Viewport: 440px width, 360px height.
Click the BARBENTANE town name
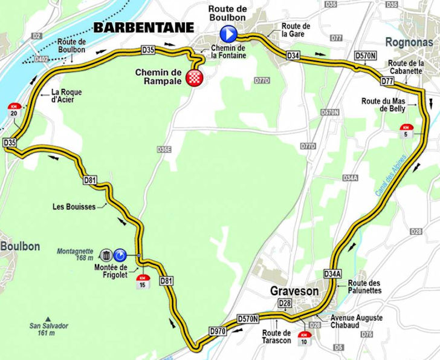click(143, 27)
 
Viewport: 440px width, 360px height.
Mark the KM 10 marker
click(303, 336)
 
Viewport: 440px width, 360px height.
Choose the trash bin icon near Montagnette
click(106, 255)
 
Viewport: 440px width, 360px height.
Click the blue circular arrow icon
click(120, 255)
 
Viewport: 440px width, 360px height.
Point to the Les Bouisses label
click(74, 207)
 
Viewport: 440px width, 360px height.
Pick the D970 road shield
click(218, 331)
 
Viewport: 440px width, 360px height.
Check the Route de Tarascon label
click(277, 336)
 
